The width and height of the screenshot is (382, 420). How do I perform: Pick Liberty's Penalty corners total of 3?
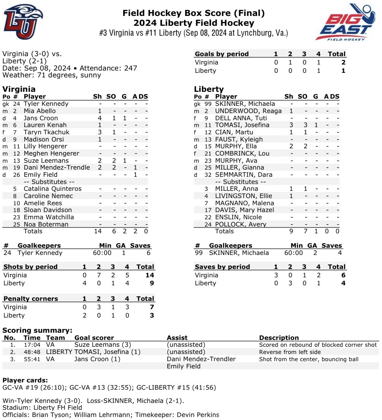click(x=152, y=315)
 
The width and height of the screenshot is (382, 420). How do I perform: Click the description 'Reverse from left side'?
click(x=291, y=352)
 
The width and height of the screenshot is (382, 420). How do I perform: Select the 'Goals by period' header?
click(x=222, y=54)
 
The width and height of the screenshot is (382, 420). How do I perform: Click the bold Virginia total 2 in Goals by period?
click(x=343, y=62)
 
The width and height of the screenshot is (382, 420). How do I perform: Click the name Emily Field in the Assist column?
click(x=184, y=366)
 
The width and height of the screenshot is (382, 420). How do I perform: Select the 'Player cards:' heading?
click(x=25, y=380)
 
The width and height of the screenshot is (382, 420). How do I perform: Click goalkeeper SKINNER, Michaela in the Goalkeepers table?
click(x=239, y=253)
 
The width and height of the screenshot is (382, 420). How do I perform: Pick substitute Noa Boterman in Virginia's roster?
click(x=46, y=224)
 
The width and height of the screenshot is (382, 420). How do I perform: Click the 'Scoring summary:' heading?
click(x=37, y=330)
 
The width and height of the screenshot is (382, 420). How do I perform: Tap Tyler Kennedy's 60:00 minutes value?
click(x=102, y=253)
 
